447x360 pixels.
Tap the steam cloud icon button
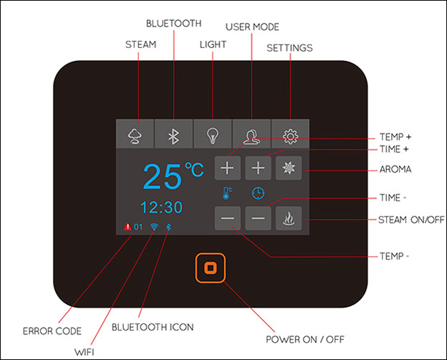tap(135, 134)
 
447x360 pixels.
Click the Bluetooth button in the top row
tap(173, 134)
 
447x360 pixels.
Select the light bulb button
tap(212, 134)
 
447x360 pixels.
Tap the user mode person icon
tap(251, 134)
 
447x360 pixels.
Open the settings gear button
tap(290, 134)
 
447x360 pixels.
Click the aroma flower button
tap(289, 168)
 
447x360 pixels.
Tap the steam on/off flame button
tap(289, 219)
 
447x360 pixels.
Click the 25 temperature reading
tap(163, 176)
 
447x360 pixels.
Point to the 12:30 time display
tap(161, 207)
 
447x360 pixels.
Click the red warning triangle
tap(128, 227)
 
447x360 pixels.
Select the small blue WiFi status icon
tap(154, 227)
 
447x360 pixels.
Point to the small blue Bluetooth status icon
tap(168, 227)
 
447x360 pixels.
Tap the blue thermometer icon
tap(226, 193)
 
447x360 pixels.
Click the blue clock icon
tap(258, 193)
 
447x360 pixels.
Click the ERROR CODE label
tap(52, 331)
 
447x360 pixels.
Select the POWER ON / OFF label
tap(305, 339)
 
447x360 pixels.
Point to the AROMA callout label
tap(395, 169)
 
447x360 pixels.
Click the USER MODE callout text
tap(252, 27)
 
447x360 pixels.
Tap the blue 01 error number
tap(138, 227)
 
